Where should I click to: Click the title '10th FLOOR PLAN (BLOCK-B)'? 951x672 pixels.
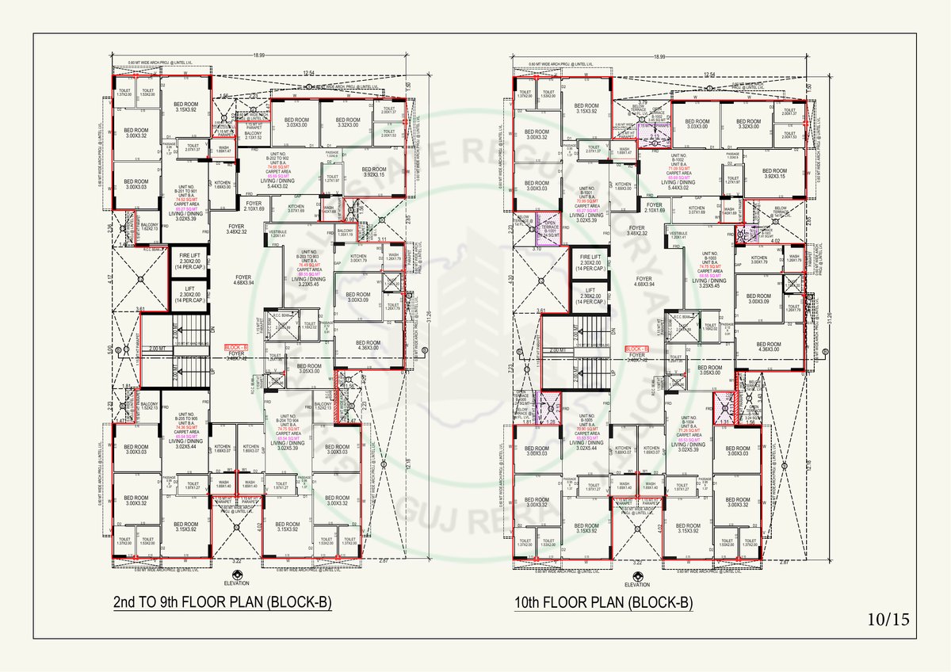point(602,604)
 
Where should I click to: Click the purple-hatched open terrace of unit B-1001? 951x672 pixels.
point(550,227)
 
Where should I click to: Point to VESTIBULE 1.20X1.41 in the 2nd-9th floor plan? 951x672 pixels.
point(277,235)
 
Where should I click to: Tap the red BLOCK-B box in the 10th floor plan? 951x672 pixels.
point(637,349)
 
